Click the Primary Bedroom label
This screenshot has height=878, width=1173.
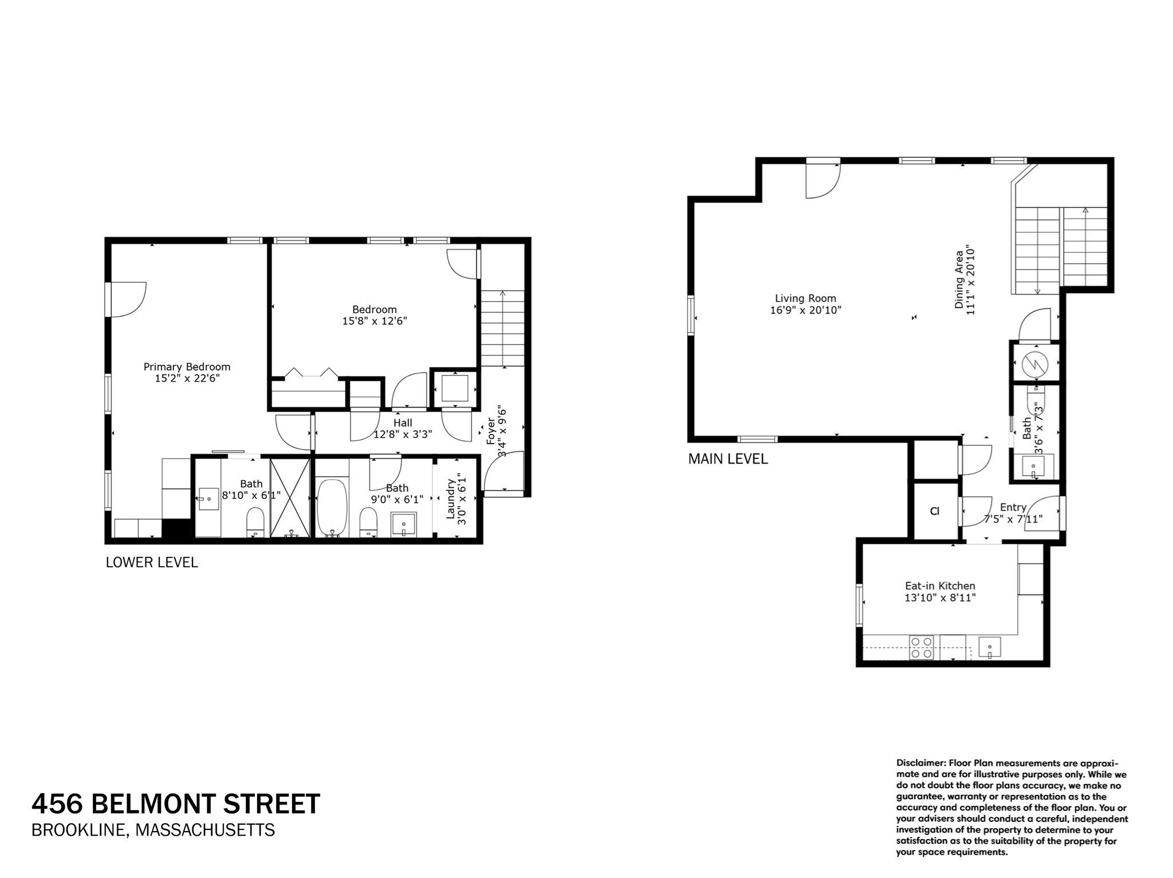[187, 367]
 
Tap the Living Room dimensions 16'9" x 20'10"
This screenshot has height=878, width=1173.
[805, 310]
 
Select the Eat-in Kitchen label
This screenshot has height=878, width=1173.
[940, 586]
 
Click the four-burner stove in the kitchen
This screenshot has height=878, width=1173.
[922, 647]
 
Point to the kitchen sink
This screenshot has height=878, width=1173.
[989, 648]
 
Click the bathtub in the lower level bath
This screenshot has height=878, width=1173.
[332, 508]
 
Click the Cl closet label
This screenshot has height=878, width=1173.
[935, 511]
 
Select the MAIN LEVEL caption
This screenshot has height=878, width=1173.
[728, 459]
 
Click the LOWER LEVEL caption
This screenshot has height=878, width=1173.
[152, 563]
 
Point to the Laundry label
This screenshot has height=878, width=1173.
[451, 499]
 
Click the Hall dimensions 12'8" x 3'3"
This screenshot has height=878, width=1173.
[403, 434]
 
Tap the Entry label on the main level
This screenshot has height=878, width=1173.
[1013, 507]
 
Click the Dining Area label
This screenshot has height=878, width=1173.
[959, 280]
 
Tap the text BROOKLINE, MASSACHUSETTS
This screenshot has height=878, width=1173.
[153, 830]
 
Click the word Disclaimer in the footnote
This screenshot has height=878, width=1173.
[921, 763]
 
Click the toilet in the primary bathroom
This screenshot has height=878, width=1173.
[255, 523]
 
